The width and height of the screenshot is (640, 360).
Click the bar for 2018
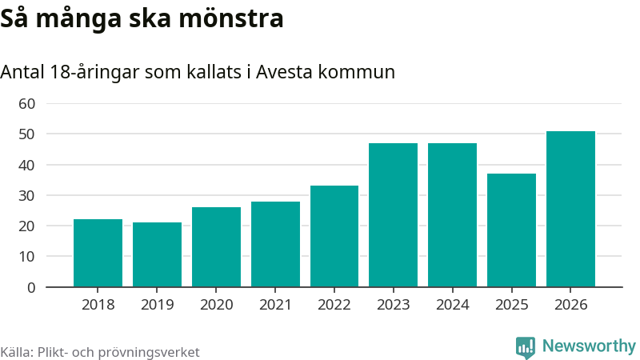pyautogui.click(x=98, y=253)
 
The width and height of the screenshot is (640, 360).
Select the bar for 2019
pyautogui.click(x=157, y=254)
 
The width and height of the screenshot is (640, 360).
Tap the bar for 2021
pyautogui.click(x=275, y=244)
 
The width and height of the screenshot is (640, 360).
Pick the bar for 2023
pyautogui.click(x=393, y=214)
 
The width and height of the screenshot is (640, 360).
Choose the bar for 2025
pyautogui.click(x=511, y=230)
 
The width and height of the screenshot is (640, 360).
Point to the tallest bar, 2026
pyautogui.click(x=570, y=209)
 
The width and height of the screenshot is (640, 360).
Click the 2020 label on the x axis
pyautogui.click(x=216, y=305)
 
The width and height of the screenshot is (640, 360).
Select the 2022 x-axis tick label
pyautogui.click(x=334, y=305)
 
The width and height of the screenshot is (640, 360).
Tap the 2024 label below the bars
pyautogui.click(x=452, y=305)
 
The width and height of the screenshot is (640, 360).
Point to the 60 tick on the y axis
pyautogui.click(x=27, y=103)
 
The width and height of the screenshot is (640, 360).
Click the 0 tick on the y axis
pyautogui.click(x=31, y=287)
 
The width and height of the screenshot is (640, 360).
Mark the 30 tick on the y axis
pyautogui.click(x=27, y=195)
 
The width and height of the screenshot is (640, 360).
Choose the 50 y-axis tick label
pyautogui.click(x=27, y=134)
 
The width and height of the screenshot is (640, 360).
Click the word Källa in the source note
pyautogui.click(x=16, y=352)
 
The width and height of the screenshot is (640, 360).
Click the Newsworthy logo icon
pyautogui.click(x=526, y=346)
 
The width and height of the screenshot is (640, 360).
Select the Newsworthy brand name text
pyautogui.click(x=589, y=346)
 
